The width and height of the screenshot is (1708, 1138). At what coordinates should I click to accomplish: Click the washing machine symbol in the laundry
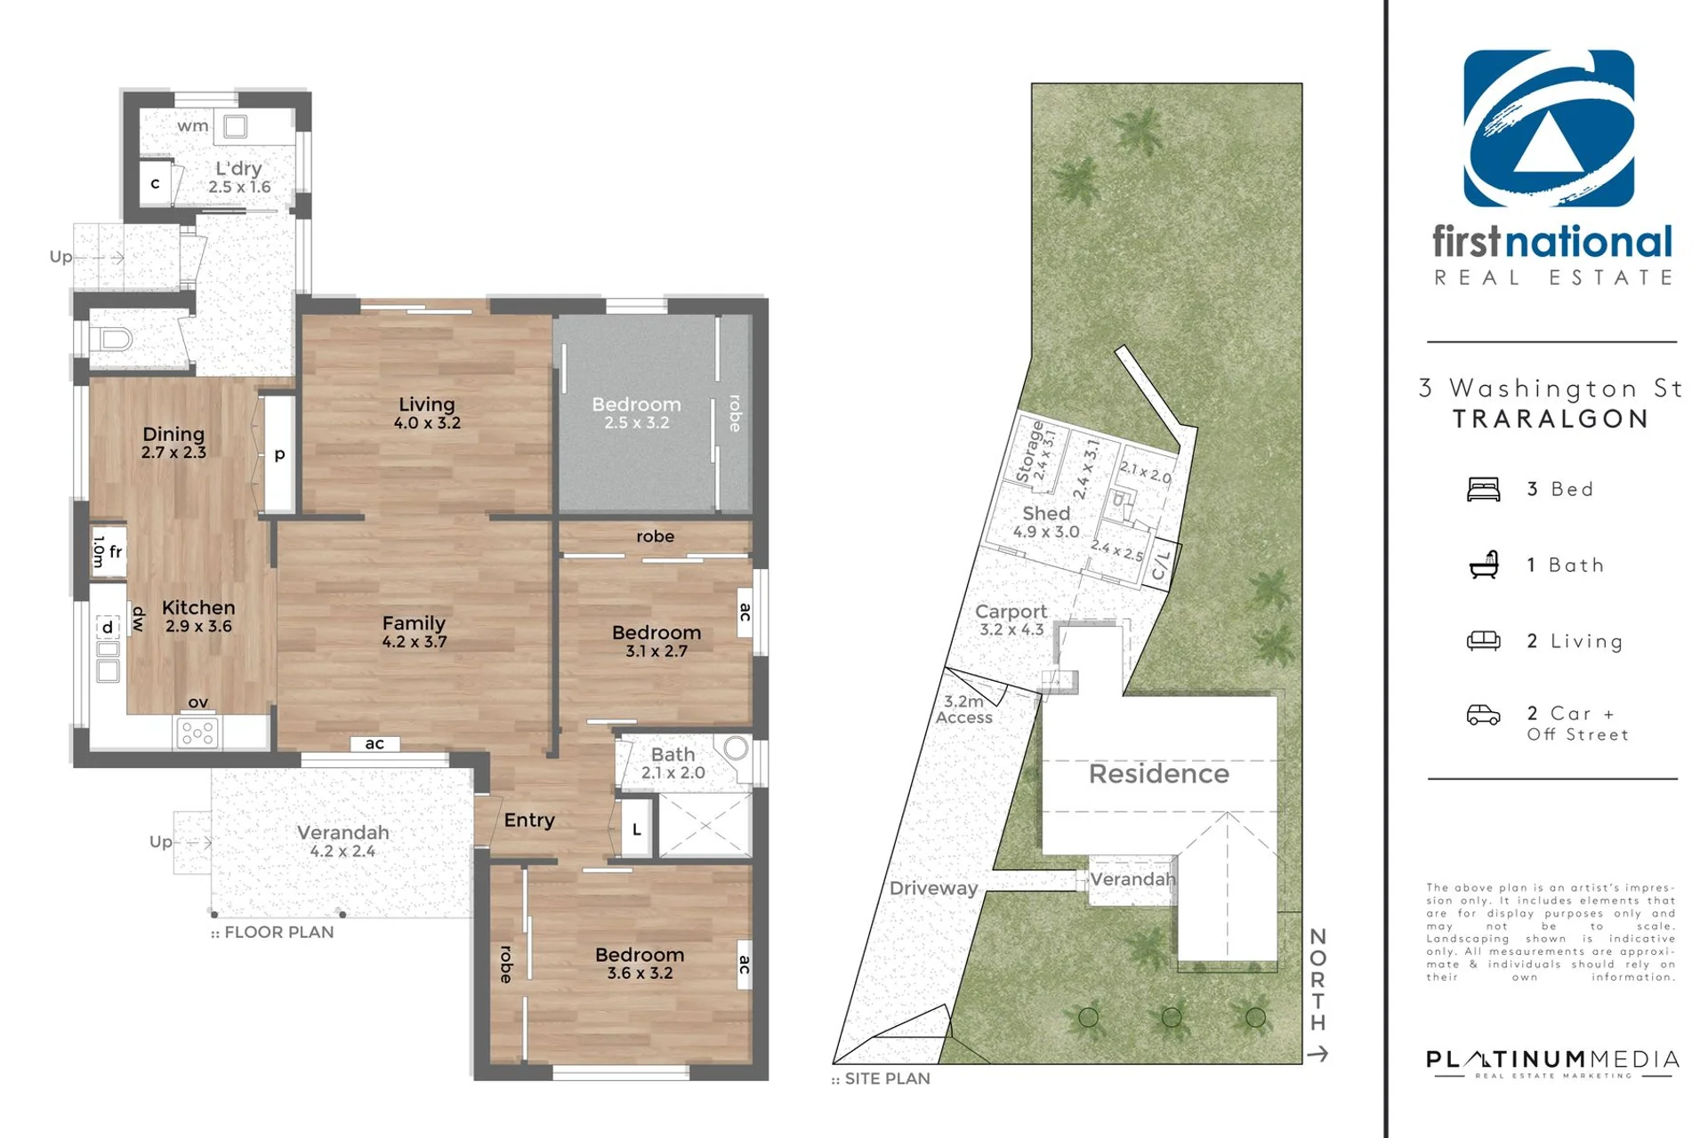click(235, 126)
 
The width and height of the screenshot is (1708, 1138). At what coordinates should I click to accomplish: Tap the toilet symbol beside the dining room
click(116, 339)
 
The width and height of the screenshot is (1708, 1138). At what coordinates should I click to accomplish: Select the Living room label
click(427, 405)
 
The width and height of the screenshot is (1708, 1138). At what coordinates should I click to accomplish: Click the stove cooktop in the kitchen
click(197, 733)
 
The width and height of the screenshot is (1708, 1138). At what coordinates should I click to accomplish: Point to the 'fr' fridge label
click(116, 552)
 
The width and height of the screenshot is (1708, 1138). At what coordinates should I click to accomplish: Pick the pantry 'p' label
click(279, 454)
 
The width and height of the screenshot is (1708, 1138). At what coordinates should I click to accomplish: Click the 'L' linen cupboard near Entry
click(637, 829)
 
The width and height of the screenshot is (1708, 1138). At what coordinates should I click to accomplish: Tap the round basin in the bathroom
click(737, 748)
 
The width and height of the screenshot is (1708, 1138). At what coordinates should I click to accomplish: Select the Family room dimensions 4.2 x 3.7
click(415, 642)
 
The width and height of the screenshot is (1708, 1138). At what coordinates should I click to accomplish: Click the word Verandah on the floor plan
click(343, 832)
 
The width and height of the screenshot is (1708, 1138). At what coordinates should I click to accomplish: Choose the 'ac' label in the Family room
click(375, 743)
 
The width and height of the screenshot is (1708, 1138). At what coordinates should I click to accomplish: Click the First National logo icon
click(1549, 128)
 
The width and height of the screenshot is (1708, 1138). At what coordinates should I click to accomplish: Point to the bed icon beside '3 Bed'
click(1483, 489)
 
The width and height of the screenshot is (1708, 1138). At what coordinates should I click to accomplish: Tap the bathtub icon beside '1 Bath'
click(1484, 565)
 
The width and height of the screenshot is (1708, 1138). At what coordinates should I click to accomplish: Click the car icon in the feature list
click(1483, 715)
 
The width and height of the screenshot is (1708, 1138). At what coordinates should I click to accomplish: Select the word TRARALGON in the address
click(1551, 419)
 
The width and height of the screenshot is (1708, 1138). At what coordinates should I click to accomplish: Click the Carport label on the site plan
click(1011, 612)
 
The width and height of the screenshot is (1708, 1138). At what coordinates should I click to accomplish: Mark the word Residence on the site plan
click(1159, 773)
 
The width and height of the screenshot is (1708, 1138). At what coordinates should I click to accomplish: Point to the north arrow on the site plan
click(1317, 1054)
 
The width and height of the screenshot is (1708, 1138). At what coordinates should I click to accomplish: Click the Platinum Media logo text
click(1553, 1059)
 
